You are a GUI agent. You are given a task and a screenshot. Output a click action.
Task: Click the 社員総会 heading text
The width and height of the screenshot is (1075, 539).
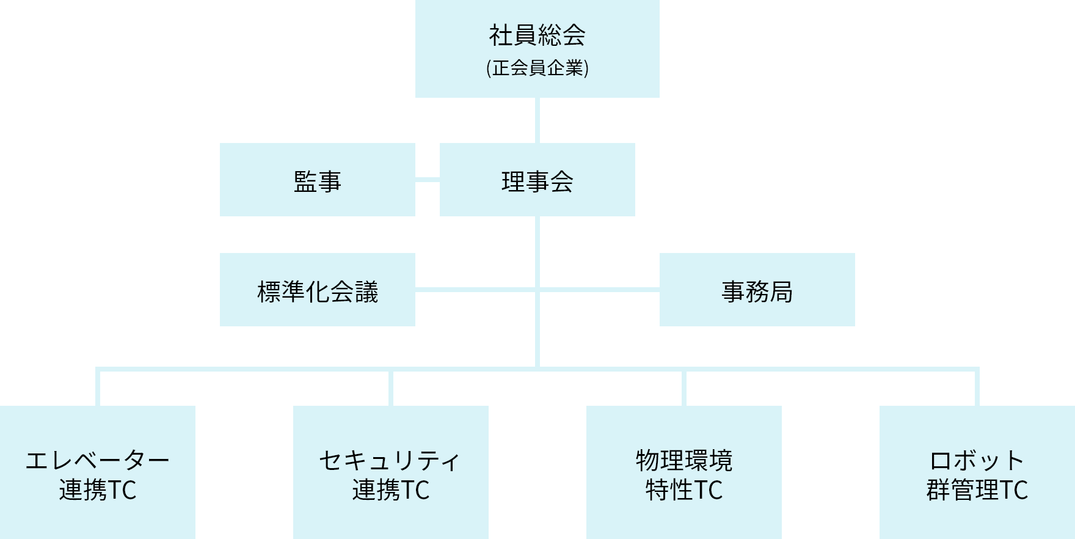[x=537, y=35]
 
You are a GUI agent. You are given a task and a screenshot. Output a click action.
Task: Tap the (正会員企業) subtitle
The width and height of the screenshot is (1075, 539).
[x=537, y=68]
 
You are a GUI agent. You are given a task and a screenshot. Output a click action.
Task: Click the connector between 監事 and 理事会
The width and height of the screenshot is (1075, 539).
[x=428, y=180]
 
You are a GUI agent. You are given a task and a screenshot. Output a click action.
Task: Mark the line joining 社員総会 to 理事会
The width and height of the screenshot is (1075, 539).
[x=537, y=120]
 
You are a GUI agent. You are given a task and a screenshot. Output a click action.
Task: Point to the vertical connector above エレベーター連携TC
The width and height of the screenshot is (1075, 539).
[x=98, y=387]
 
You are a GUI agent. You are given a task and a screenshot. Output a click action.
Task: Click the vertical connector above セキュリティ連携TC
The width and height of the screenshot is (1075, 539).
[x=391, y=387]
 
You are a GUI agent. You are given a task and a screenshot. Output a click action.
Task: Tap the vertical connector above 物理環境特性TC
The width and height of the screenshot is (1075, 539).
[x=684, y=387]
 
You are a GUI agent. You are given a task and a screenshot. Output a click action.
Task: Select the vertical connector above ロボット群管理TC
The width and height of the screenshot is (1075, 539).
[x=977, y=387]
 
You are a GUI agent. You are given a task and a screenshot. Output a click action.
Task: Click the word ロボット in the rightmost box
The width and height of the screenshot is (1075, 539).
[x=977, y=460]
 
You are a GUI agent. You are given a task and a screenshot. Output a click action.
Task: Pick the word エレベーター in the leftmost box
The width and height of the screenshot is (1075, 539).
[x=97, y=460]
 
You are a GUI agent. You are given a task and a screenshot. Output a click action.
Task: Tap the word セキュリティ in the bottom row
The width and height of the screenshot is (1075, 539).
[x=390, y=460]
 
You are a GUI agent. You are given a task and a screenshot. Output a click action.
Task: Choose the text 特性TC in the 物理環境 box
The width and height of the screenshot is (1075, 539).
[x=684, y=490]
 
